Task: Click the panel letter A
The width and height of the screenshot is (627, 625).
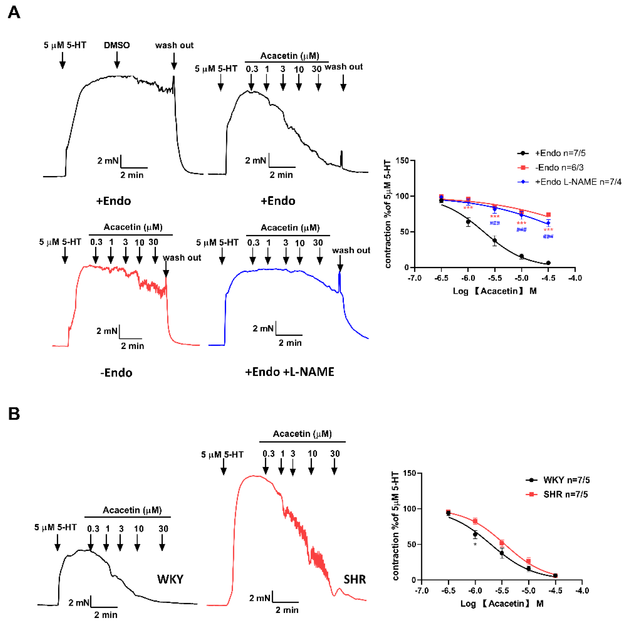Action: click(x=14, y=13)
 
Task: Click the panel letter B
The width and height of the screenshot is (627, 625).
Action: click(x=14, y=414)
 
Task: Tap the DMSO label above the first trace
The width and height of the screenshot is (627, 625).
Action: click(x=117, y=45)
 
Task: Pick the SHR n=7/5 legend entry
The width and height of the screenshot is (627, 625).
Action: click(x=565, y=494)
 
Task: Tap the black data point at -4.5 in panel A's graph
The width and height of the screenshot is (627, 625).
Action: click(x=548, y=263)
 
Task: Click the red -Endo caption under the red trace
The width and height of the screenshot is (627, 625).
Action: click(x=116, y=373)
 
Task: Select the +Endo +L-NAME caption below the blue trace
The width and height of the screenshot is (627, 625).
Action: click(x=289, y=372)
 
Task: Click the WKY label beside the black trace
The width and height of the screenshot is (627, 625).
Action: click(x=170, y=579)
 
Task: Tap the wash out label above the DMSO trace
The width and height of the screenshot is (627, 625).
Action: click(x=174, y=45)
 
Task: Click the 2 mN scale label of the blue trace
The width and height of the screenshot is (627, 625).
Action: click(x=263, y=328)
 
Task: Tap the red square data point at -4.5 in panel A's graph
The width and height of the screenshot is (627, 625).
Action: click(x=548, y=215)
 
